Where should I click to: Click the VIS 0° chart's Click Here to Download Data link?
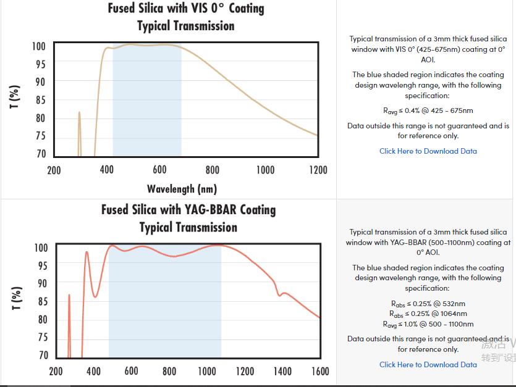pos(428,151)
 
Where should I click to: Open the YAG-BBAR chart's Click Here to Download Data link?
pos(428,365)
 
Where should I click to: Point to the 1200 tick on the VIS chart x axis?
pos(318,170)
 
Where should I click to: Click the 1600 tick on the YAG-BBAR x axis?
pos(320,372)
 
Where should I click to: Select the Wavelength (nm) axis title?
pos(182,188)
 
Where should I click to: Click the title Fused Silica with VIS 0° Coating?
pos(186,9)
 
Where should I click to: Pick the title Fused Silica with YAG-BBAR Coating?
pos(188,210)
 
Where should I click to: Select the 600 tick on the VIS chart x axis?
pos(159,170)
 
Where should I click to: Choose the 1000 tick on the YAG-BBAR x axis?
pos(207,372)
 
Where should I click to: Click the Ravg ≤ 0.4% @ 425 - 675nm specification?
pos(428,111)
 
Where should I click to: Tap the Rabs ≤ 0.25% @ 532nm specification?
pos(428,304)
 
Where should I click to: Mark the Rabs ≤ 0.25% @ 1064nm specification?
pos(428,314)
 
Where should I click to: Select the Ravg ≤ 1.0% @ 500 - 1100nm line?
pos(428,324)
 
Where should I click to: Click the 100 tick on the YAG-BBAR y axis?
pos(41,248)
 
